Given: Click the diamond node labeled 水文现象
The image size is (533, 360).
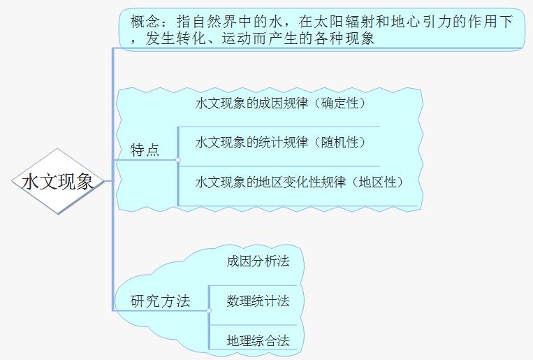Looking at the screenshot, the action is coord(58,182).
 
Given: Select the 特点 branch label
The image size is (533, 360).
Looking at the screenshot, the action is coord(145,150).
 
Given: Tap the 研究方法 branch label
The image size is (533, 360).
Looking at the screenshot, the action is coord(161,301).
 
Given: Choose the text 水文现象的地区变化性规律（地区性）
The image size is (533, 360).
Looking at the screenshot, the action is coord(300,182).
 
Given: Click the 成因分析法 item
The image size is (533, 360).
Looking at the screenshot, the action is coord(258,261).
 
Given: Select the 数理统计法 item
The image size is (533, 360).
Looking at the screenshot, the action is coord(258,301).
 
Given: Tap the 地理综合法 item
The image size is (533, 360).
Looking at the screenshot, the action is coord(258,341).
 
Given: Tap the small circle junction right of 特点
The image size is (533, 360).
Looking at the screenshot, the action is coord(178,160).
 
